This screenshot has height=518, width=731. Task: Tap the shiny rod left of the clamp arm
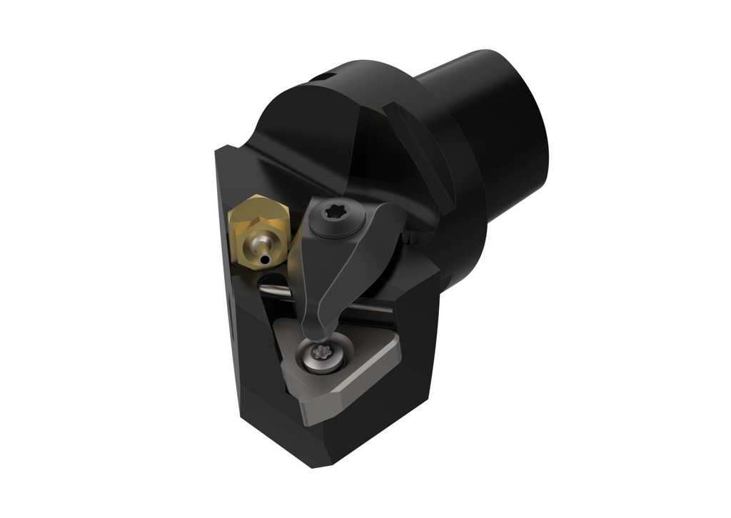(275, 290)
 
